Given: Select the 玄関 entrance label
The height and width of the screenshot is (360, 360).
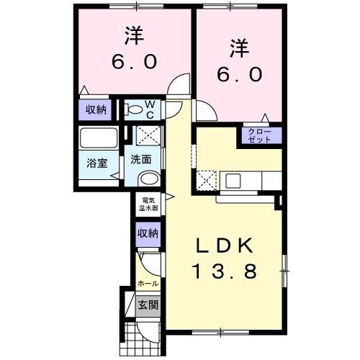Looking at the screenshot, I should click(149, 305).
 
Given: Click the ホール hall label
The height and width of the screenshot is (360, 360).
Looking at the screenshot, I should click(148, 284).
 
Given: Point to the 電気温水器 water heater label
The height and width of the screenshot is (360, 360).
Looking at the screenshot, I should click(150, 203).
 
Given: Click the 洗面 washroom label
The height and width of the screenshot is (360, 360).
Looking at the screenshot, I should click(141, 160).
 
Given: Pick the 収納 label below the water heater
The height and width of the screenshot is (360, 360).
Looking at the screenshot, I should click(149, 233).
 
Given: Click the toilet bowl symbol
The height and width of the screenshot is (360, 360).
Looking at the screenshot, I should click(134, 110).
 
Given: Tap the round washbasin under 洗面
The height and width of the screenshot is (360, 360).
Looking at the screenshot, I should click(148, 178).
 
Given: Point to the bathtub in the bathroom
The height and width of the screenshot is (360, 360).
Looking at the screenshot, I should click(99, 138).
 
